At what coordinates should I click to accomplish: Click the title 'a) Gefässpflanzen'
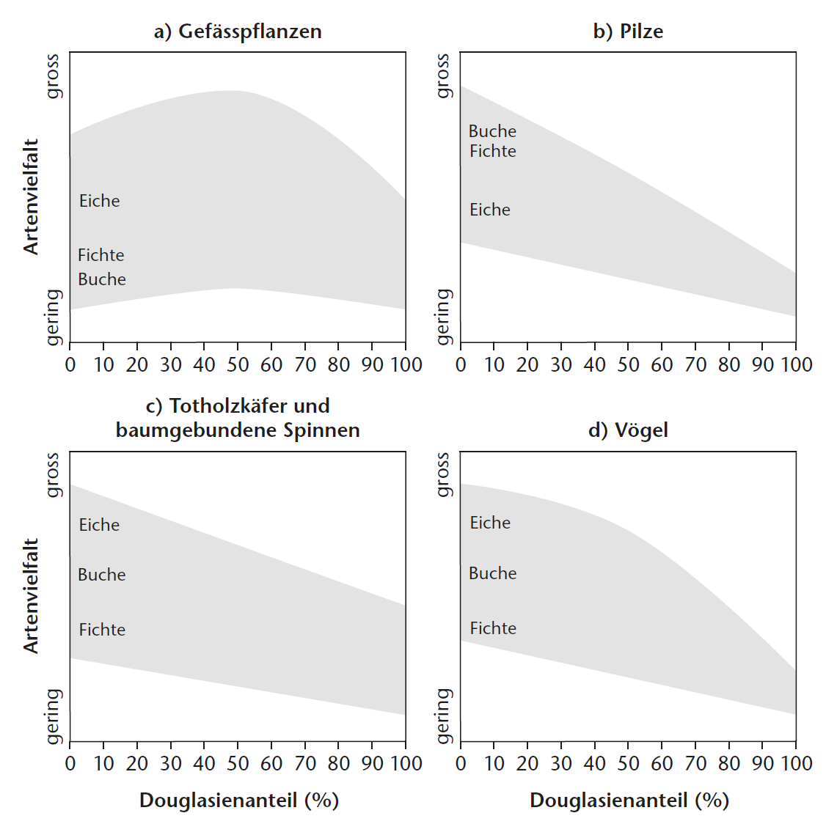pos(237,32)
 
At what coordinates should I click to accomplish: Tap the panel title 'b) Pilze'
pos(628,32)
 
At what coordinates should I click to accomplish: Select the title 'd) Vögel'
pos(628,430)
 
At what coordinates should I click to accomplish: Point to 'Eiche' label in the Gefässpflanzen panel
pos(99,201)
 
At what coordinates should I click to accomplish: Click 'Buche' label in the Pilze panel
pos(492,131)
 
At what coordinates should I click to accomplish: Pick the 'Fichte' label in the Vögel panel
pos(493,628)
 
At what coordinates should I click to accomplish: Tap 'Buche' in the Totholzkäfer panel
pos(101,575)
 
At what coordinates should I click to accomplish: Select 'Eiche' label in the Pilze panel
pos(489,210)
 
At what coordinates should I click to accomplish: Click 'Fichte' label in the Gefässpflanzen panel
pos(100,255)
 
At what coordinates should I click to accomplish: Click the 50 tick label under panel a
pos(238,365)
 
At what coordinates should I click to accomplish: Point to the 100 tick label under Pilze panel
pos(795,365)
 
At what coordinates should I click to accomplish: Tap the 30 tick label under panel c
pos(171,764)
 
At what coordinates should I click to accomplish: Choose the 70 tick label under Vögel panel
pos(695,764)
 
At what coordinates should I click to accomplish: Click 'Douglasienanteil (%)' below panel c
pos(238,800)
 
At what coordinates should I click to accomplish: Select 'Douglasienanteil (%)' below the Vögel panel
pos(629,800)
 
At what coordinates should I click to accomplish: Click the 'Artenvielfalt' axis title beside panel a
pos(31,196)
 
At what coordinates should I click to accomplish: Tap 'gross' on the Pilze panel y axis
pos(442,76)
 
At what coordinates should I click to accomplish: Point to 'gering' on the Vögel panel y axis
pos(442,716)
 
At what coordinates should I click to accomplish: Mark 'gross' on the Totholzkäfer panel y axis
pos(52,474)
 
